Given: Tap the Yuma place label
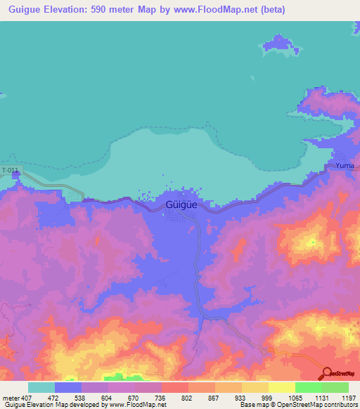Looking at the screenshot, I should (344, 165).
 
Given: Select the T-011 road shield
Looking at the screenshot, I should (10, 171).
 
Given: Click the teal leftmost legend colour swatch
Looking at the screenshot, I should (41, 387).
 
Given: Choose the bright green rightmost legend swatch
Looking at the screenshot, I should (335, 387).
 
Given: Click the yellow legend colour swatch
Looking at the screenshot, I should (282, 387).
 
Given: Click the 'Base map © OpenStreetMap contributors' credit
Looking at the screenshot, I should (298, 405).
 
